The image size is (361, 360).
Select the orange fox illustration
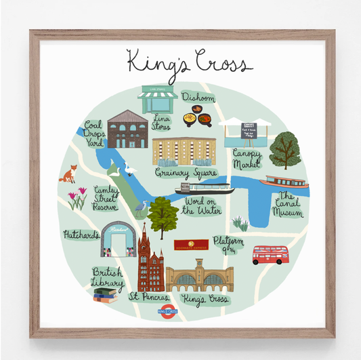tap(68, 178)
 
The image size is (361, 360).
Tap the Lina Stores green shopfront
tap(158, 100)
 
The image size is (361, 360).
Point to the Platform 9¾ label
tap(228, 244)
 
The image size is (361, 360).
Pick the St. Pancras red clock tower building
tap(150, 261)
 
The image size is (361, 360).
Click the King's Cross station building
tap(200, 278)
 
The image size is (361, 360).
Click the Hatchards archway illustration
tap(119, 239)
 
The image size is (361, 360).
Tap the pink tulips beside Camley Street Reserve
tap(77, 198)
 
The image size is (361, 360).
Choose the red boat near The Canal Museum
tap(287, 182)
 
